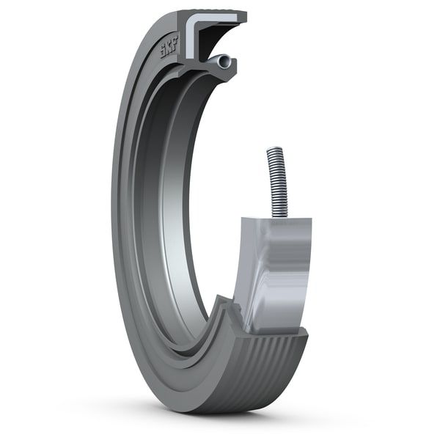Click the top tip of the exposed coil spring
coord(274,150)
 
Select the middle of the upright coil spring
coord(277,183)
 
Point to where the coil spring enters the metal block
coord(279,216)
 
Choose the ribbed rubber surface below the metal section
coord(271,359)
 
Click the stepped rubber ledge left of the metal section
coord(227,308)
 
